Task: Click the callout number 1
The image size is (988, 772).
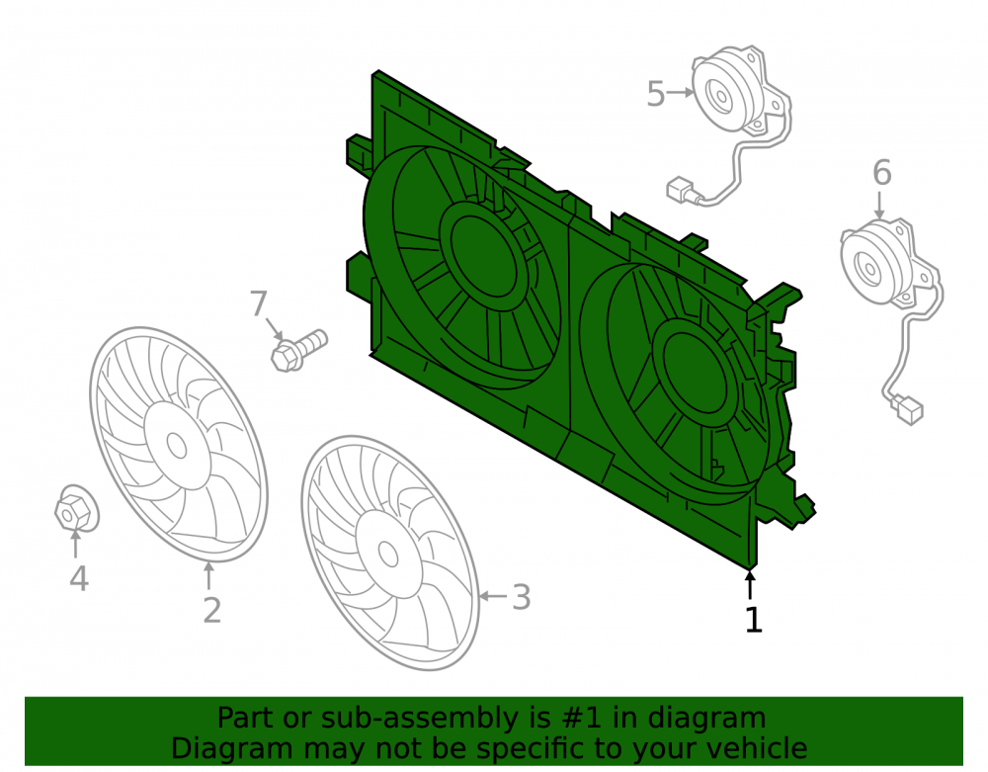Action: [754, 620]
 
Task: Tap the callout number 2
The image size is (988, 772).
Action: [212, 610]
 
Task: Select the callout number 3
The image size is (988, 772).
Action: [521, 597]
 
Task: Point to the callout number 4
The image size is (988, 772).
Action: [79, 578]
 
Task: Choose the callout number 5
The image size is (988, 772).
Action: [656, 94]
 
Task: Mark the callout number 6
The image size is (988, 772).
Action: [882, 173]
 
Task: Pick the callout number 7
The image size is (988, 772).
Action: [258, 303]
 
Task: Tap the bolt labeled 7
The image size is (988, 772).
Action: [298, 350]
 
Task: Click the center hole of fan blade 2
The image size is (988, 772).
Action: [177, 446]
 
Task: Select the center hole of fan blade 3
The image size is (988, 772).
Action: [387, 554]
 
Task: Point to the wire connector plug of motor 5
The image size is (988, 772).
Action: [681, 189]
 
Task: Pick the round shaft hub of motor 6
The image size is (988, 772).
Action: [869, 268]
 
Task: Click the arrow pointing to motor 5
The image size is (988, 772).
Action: [681, 92]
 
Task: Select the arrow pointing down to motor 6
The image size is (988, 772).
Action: [880, 205]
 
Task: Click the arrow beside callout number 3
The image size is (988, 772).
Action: [493, 595]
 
